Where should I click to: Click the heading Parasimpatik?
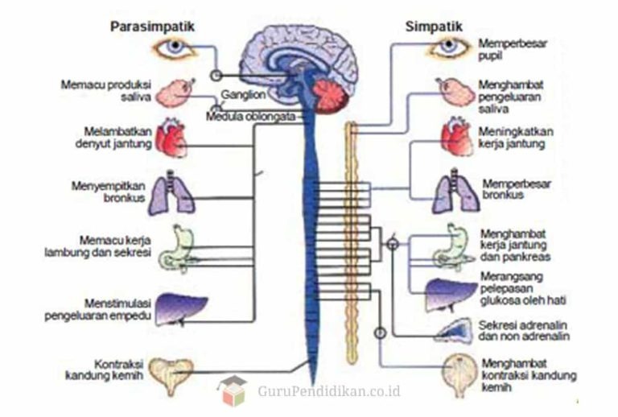click(x=152, y=27)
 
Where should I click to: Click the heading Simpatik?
click(x=435, y=27)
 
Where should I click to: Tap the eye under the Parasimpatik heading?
click(x=175, y=49)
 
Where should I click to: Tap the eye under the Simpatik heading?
click(x=448, y=48)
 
